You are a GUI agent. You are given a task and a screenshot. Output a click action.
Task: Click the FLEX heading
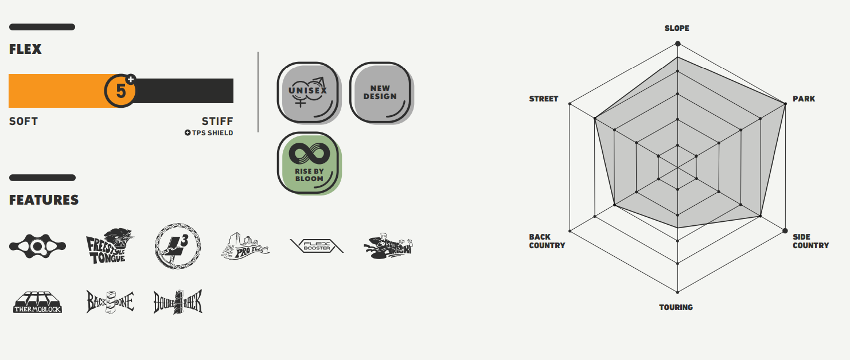pyautogui.click(x=25, y=50)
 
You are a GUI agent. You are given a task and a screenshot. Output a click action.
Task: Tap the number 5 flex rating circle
pyautogui.click(x=120, y=91)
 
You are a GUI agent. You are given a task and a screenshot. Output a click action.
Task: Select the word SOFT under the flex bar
pyautogui.click(x=24, y=122)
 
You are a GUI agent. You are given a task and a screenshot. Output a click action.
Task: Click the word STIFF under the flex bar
pyautogui.click(x=217, y=122)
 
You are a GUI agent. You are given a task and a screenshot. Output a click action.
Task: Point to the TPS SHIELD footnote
pyautogui.click(x=209, y=133)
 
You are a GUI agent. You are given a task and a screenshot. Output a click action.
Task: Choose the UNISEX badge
pyautogui.click(x=308, y=92)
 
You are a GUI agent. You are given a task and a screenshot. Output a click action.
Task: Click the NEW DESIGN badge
pyautogui.click(x=380, y=92)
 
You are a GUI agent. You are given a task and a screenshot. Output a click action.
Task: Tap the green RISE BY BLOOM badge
pyautogui.click(x=309, y=163)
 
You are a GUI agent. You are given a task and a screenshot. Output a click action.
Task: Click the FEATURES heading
pyautogui.click(x=44, y=200)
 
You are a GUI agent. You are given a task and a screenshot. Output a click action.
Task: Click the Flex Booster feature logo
pyautogui.click(x=317, y=246)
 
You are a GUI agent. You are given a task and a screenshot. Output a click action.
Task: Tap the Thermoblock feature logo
pyautogui.click(x=38, y=302)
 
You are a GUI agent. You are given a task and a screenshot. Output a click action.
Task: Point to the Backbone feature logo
pyautogui.click(x=110, y=302)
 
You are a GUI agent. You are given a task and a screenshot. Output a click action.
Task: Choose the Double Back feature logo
pyautogui.click(x=178, y=302)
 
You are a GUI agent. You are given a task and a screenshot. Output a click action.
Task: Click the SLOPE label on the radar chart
pyautogui.click(x=677, y=28)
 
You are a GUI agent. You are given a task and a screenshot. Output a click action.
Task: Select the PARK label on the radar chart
pyautogui.click(x=804, y=99)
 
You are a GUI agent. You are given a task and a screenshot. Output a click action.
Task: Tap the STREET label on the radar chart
pyautogui.click(x=544, y=99)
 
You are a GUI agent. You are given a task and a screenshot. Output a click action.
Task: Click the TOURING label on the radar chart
pyautogui.click(x=676, y=307)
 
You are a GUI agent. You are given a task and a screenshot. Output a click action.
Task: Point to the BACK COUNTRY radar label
pyautogui.click(x=547, y=241)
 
